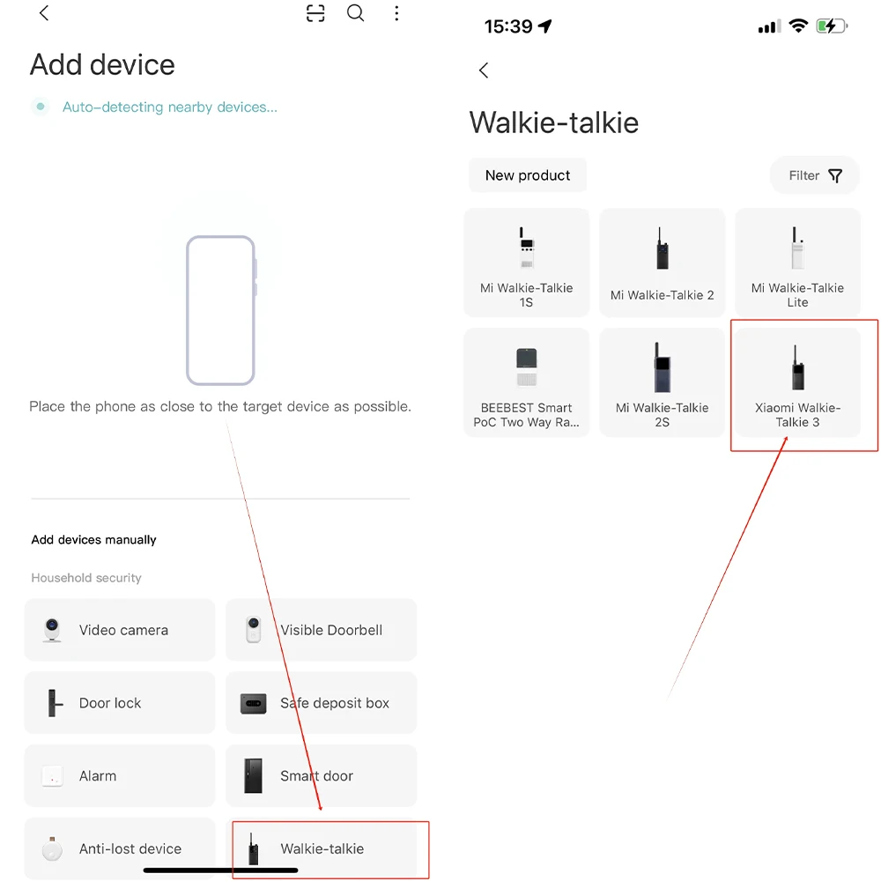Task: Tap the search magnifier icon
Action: click(355, 13)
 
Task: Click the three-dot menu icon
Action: click(396, 13)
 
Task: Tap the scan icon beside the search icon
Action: click(315, 13)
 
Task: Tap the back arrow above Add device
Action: click(44, 13)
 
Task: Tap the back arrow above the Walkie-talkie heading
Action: click(484, 70)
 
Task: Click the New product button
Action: click(528, 175)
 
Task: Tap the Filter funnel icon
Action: click(835, 176)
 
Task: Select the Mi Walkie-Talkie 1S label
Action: click(527, 295)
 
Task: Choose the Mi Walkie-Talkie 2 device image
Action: click(663, 248)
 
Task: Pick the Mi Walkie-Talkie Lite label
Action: click(797, 295)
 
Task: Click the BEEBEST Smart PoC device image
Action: click(527, 367)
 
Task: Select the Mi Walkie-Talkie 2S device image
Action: click(663, 366)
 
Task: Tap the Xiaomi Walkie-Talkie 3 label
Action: click(797, 415)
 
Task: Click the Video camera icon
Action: click(52, 630)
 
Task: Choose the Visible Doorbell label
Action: click(331, 630)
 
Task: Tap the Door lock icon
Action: click(54, 703)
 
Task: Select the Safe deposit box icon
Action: click(254, 703)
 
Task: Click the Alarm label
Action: click(98, 776)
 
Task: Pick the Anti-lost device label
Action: click(130, 848)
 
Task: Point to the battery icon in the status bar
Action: click(832, 26)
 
